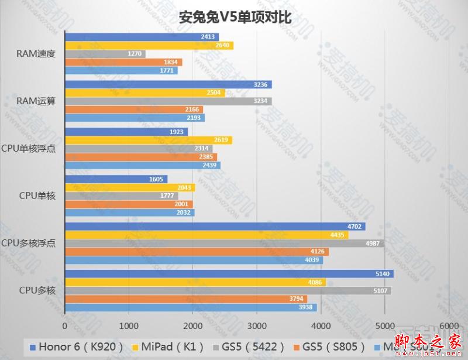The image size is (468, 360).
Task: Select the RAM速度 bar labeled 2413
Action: [x=141, y=37]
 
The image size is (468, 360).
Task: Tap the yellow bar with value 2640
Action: [x=149, y=46]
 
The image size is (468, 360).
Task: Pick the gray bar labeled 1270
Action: [x=105, y=54]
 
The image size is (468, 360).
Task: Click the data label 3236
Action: [x=260, y=84]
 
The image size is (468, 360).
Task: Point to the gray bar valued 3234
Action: [x=168, y=101]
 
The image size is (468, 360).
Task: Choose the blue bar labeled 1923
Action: [x=126, y=132]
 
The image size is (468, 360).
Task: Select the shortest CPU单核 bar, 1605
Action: [x=116, y=179]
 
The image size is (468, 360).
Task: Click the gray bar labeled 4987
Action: [x=224, y=244]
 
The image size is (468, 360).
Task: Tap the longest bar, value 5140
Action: [x=229, y=274]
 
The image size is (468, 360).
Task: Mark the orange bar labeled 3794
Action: [x=185, y=299]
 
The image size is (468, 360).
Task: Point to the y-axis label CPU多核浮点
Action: [x=29, y=243]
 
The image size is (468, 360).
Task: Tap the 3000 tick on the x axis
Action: [x=256, y=325]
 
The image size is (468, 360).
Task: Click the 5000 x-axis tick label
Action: [x=384, y=325]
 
